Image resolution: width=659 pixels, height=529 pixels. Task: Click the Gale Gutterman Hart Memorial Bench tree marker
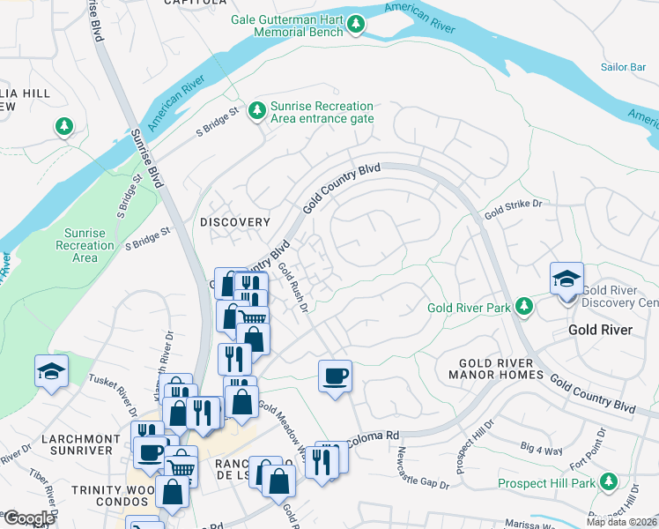pyautogui.click(x=356, y=25)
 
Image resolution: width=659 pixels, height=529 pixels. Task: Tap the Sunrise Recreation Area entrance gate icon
pyautogui.click(x=256, y=111)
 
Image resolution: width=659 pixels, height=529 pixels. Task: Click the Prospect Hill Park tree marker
pyautogui.click(x=607, y=482)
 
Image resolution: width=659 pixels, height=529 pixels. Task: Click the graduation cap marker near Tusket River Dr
pyautogui.click(x=52, y=372)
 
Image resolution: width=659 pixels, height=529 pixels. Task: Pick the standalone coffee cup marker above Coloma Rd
pyautogui.click(x=335, y=376)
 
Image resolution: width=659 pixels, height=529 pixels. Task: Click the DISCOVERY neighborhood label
pyautogui.click(x=234, y=222)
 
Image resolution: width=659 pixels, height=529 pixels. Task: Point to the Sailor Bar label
pyautogui.click(x=624, y=67)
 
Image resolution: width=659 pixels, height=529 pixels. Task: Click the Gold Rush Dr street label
pyautogui.click(x=293, y=287)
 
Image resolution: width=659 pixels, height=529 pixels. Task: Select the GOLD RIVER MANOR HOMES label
pyautogui.click(x=501, y=369)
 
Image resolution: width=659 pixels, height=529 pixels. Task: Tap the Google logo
pyautogui.click(x=29, y=518)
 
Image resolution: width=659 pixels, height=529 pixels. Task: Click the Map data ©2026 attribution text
pyautogui.click(x=621, y=522)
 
